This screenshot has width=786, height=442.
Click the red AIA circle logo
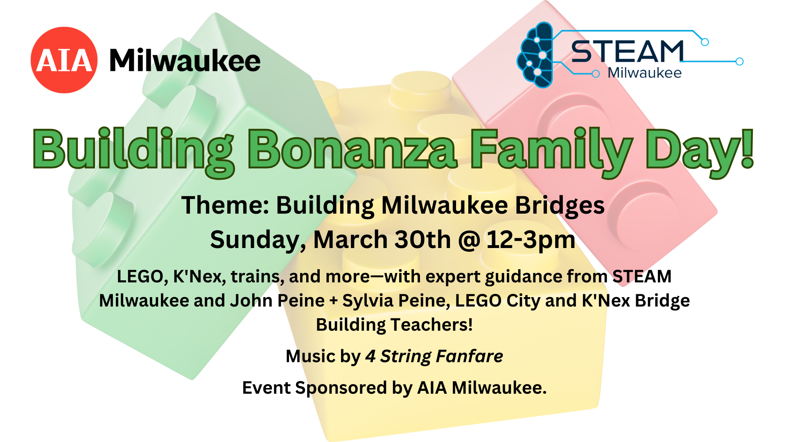click(64, 60)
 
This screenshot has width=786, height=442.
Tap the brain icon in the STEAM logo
click(535, 55)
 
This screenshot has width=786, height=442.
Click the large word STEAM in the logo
click(628, 52)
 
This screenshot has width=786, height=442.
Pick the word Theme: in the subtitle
click(225, 205)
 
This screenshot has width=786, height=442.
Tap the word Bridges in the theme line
click(560, 206)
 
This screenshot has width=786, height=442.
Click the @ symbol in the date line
click(469, 240)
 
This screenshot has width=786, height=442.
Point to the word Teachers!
click(432, 325)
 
